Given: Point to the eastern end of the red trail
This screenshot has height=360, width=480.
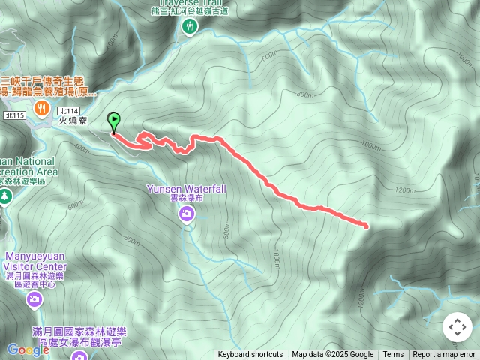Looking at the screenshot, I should pos(366,225).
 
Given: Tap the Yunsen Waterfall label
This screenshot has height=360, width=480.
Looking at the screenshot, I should pos(187,190).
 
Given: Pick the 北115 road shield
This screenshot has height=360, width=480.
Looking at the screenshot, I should pos(14,115).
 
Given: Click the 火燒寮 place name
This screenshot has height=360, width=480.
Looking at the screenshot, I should pos(73,119).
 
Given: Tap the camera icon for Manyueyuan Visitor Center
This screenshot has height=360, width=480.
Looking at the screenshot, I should pos(34,301).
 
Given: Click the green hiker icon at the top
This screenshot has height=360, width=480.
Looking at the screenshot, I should pos(188,27).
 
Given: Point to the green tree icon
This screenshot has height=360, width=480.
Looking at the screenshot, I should pos(5,196).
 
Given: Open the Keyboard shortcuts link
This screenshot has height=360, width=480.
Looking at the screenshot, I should pos(250,355).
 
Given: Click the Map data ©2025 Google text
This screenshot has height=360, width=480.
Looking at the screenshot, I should pos(332,355).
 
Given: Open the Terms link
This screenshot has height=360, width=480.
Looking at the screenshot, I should pos(393,355).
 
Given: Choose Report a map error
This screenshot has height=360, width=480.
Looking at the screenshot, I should pos(444,355).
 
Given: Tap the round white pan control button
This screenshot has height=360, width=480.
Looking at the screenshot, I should pos(457,327).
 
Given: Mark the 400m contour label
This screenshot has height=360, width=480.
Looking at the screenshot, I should pos(82,148).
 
